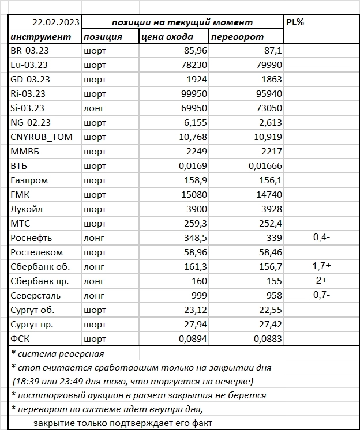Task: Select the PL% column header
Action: [297, 22]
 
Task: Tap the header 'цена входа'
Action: [166, 37]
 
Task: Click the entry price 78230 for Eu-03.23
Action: [192, 65]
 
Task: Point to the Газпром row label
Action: [29, 180]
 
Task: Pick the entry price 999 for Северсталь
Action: [198, 296]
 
